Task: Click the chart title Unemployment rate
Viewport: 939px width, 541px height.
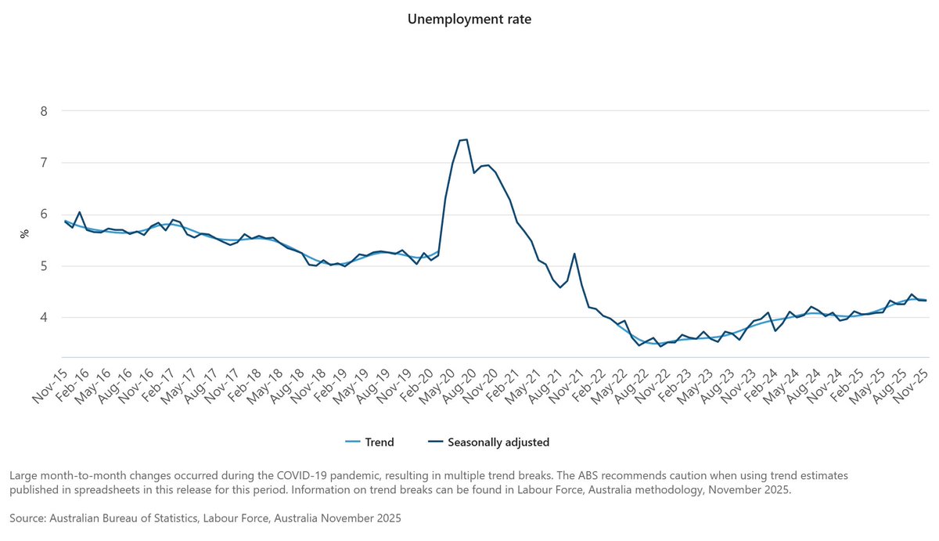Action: [x=469, y=19]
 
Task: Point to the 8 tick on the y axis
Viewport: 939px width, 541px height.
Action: [x=44, y=111]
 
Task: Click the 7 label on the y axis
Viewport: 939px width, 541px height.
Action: [x=44, y=163]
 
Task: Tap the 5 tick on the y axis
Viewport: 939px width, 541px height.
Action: [x=44, y=266]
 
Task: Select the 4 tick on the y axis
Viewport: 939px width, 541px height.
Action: [x=44, y=318]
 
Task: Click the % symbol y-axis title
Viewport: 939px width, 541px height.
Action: [x=24, y=233]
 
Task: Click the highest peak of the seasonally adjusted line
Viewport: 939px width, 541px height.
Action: [x=466, y=139]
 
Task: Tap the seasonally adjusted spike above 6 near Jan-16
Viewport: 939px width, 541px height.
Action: [x=79, y=212]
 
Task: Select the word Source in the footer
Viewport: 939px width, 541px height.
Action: [x=28, y=518]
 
